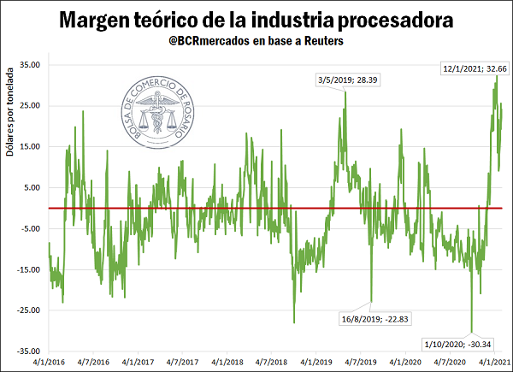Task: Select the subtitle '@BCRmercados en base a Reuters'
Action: [x=256, y=42]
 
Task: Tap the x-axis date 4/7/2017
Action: [x=184, y=363]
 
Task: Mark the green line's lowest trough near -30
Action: [x=471, y=330]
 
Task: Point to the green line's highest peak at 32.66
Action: [x=497, y=76]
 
